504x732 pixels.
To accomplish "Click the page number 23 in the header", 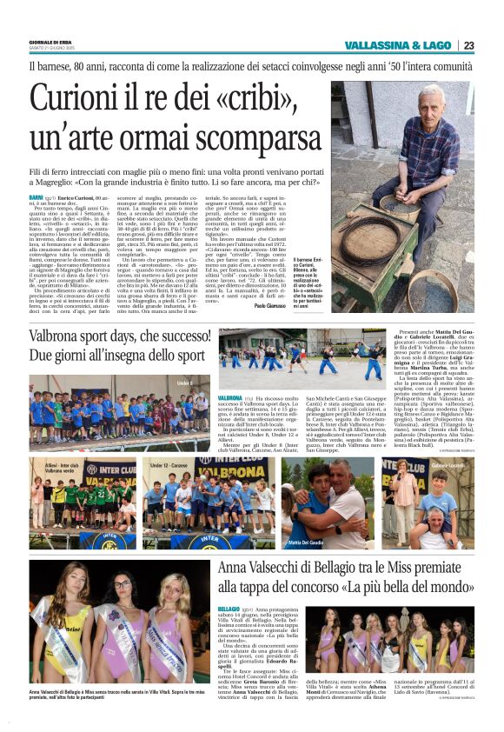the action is [x=468, y=45].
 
